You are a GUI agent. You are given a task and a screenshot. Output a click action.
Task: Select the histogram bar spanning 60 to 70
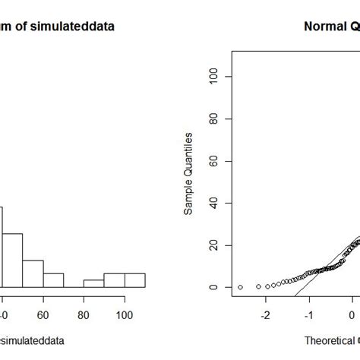53,279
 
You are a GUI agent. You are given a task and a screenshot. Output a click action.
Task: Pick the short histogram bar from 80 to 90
93,283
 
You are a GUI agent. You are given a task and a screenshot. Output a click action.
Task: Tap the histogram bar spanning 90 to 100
114,280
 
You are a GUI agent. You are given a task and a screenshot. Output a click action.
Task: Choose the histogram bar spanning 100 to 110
134,280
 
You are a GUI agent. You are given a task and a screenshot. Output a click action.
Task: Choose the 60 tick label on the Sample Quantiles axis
213,161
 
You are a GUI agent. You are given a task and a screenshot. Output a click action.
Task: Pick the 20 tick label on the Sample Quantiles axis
213,245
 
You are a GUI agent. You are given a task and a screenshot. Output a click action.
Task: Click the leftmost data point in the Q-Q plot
240,287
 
